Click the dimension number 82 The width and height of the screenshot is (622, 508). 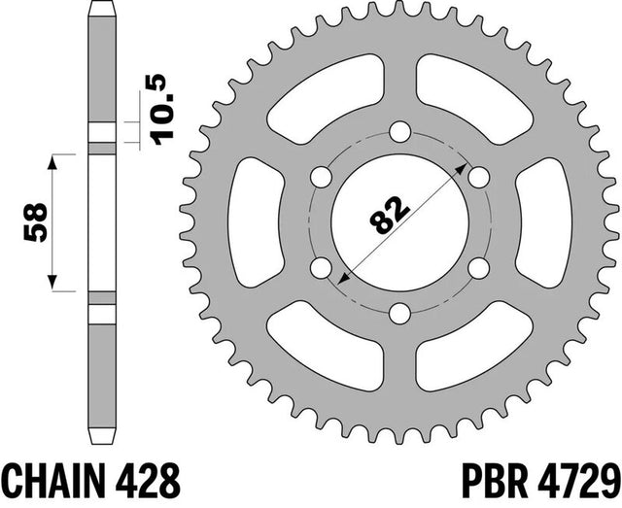click(x=389, y=214)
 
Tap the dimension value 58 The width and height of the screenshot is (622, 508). click(x=36, y=222)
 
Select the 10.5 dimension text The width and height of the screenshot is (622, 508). click(x=163, y=110)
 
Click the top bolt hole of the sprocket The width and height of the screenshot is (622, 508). click(x=399, y=132)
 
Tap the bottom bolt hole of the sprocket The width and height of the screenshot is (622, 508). click(x=399, y=314)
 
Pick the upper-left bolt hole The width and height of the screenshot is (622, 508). click(x=321, y=177)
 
